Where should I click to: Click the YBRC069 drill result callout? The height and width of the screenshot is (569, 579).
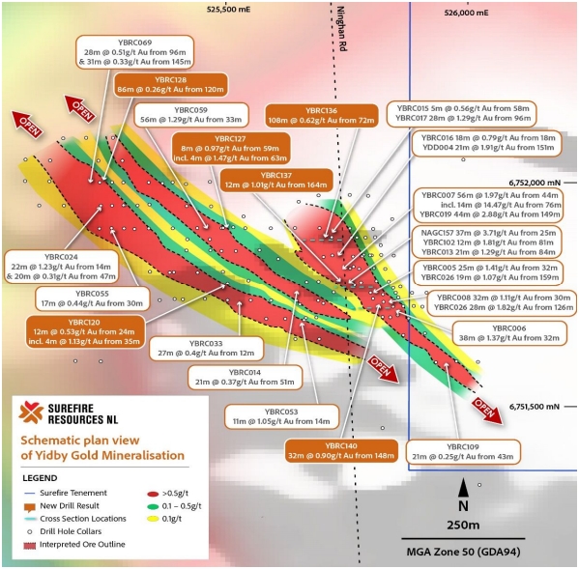[x=134, y=52]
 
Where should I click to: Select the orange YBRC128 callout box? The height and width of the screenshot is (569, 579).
[x=170, y=84]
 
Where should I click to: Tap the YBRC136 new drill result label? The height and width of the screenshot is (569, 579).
[x=321, y=116]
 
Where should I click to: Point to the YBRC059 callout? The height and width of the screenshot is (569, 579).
[x=191, y=115]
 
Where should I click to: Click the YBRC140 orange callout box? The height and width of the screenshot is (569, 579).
[x=341, y=450]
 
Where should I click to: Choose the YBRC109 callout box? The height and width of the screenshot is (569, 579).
[x=463, y=452]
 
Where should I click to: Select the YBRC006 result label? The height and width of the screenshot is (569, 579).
[x=509, y=333]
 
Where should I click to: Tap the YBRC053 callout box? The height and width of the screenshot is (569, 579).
[x=281, y=416]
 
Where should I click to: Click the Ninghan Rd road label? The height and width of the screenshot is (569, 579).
[x=341, y=28]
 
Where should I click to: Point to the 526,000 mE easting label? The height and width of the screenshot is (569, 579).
[x=466, y=13]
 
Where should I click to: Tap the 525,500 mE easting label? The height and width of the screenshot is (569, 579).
[x=228, y=10]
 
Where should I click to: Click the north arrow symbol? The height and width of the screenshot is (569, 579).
[x=463, y=489]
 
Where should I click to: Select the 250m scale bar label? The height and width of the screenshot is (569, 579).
[x=463, y=526]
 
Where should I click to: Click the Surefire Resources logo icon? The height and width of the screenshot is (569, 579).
[x=31, y=413]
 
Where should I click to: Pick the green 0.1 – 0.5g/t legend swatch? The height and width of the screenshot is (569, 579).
[x=153, y=506]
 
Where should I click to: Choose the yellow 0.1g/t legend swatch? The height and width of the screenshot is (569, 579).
[x=153, y=519]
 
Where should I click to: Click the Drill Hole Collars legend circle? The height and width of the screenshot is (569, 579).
[x=30, y=531]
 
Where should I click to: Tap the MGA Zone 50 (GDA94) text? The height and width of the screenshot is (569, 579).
[x=463, y=552]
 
